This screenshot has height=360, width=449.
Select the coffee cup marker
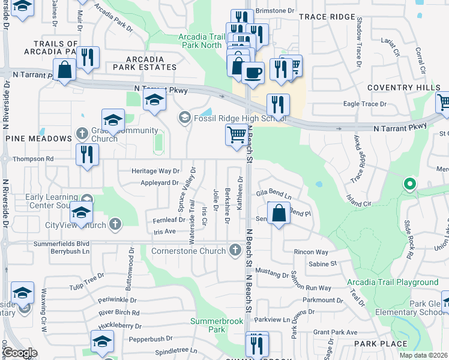click(x=253, y=73)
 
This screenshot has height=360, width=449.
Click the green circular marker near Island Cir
click(x=410, y=184)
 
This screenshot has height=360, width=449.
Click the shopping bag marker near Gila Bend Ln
click(x=279, y=214)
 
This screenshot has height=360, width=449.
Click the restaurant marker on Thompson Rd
click(x=88, y=154)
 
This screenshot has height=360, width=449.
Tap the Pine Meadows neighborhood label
click(x=38, y=139)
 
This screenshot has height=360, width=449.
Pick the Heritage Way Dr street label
click(x=155, y=171)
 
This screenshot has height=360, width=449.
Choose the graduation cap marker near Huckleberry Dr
click(x=102, y=341)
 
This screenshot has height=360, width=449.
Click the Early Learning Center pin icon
click(x=88, y=199)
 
